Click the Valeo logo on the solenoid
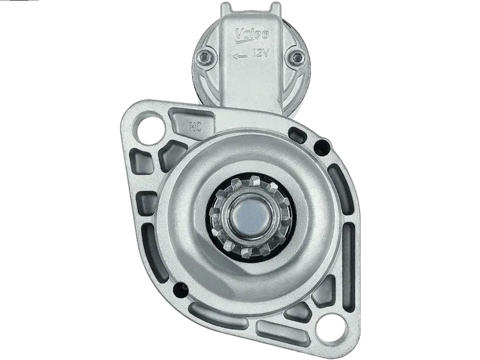pos(251,35)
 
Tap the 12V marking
pos(261,53)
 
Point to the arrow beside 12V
pos(240,56)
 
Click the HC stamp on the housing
pos(196,126)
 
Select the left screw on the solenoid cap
pos(203,56)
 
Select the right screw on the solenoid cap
pos(296,57)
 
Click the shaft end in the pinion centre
pos(250,214)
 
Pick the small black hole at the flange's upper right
pos(322,148)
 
